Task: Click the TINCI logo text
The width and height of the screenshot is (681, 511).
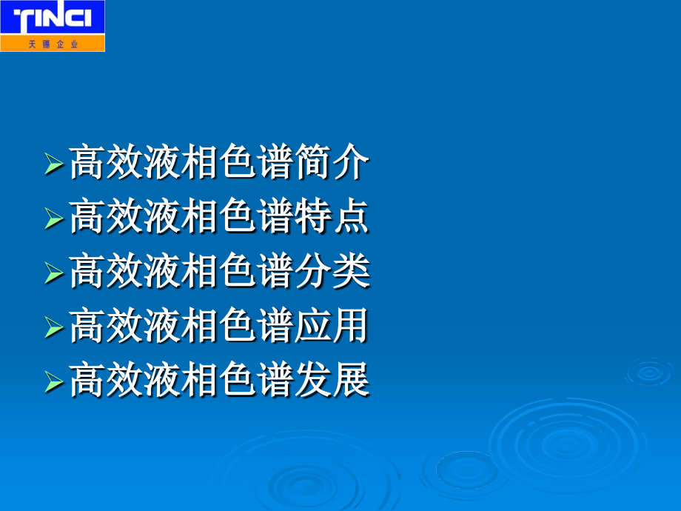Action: pos(52,19)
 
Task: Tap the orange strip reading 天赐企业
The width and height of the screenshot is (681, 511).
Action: pos(53,44)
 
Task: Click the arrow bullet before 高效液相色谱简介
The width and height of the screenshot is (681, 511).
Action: pos(54,164)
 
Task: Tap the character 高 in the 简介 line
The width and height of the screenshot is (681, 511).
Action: pos(87,164)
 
